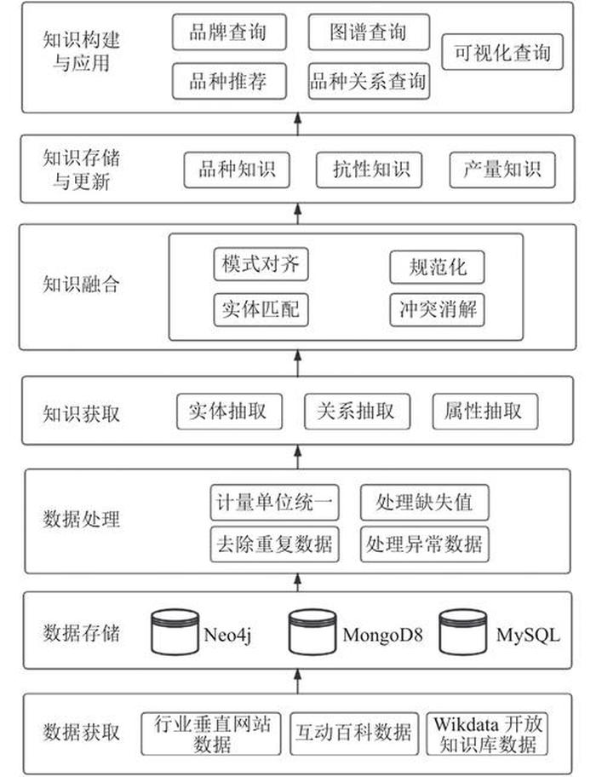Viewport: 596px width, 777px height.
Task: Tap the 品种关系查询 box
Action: [x=368, y=83]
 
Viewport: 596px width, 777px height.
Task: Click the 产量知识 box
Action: [x=501, y=170]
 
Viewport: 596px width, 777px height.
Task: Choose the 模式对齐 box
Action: [x=261, y=264]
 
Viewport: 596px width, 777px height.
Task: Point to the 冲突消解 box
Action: [x=438, y=309]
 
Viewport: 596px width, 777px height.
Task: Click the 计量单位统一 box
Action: [x=273, y=502]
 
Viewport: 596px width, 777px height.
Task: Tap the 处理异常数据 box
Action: [x=424, y=543]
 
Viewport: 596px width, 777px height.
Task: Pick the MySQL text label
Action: [x=529, y=635]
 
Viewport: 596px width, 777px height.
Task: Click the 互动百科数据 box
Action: [x=354, y=732]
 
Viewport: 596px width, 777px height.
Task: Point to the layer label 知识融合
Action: [x=82, y=285]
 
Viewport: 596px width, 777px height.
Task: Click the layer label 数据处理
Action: [x=82, y=520]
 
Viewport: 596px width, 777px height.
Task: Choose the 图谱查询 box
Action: [x=368, y=34]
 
